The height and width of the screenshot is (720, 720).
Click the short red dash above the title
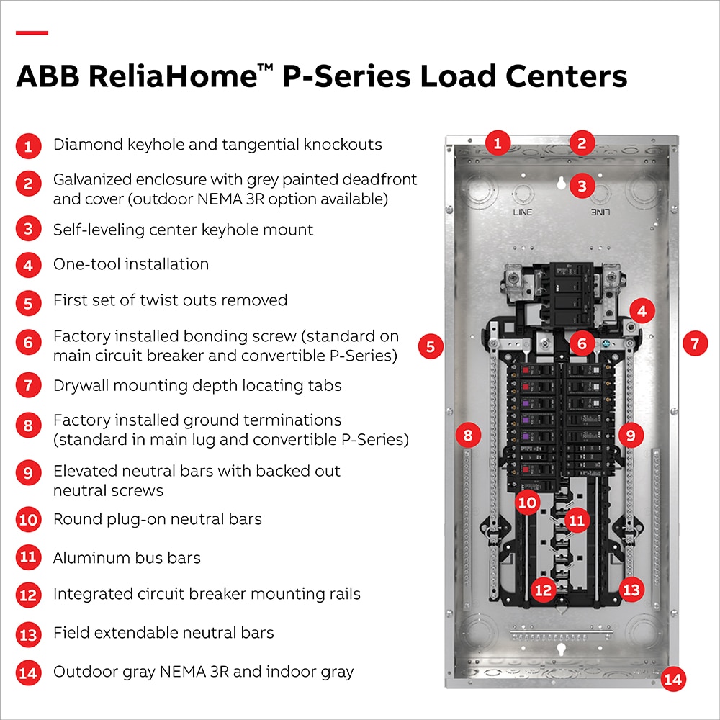point(32,32)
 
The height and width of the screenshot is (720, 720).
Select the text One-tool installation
point(131,264)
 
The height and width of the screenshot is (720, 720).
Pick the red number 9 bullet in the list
point(27,473)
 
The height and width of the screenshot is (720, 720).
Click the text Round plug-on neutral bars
point(157,519)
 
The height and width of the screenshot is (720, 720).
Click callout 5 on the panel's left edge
point(430,346)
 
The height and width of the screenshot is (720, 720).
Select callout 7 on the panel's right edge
point(695,344)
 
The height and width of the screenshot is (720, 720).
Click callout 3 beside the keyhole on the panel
point(582,186)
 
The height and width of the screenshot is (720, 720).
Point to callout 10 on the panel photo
point(528,502)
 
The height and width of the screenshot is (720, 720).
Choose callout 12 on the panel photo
point(543,590)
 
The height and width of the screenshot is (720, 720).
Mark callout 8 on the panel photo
point(468,435)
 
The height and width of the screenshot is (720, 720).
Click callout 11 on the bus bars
point(577,519)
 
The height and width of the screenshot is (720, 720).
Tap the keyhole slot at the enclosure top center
point(561,184)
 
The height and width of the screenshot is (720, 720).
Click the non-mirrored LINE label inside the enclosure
point(522,212)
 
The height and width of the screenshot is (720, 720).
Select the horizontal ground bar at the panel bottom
point(560,637)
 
